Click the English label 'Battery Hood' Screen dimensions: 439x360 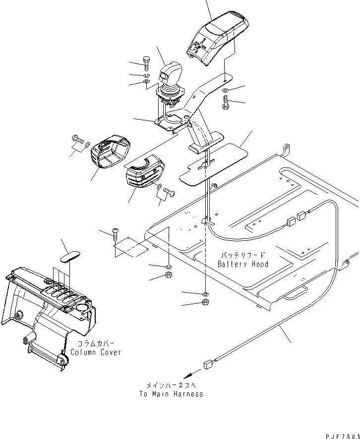pyautogui.click(x=243, y=264)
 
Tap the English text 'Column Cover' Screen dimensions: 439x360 pyautogui.click(x=96, y=352)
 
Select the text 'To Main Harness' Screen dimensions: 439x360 pyautogui.click(x=171, y=394)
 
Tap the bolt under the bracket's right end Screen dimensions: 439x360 pyautogui.click(x=226, y=104)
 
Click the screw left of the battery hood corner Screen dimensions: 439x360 pyautogui.click(x=115, y=231)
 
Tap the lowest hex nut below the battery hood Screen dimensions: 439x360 pyautogui.click(x=206, y=303)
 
